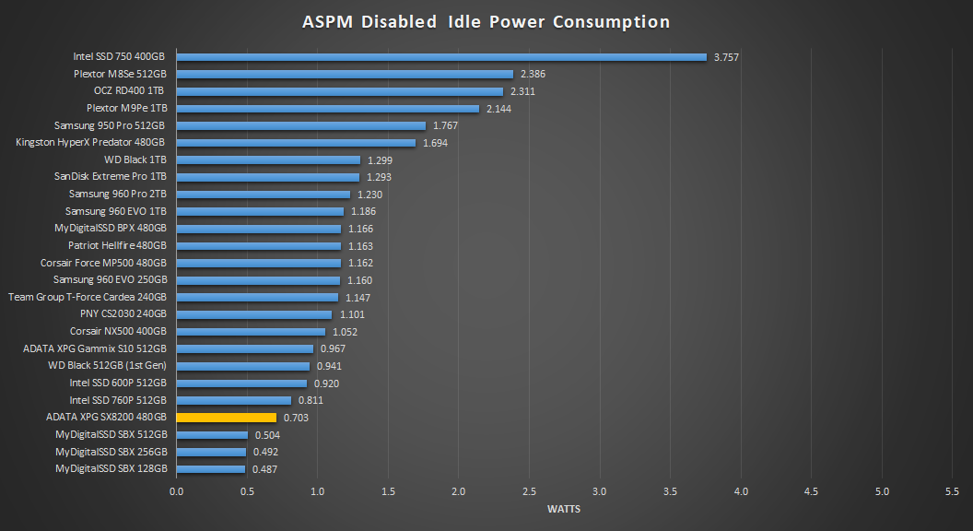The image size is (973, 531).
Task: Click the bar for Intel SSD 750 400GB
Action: [440, 56]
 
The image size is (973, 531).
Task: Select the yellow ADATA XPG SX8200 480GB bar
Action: [226, 418]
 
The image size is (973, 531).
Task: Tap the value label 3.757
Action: [726, 57]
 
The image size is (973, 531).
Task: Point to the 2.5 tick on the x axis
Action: [529, 491]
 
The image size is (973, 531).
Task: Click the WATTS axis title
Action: [564, 509]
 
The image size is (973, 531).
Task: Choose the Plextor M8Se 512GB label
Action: [120, 74]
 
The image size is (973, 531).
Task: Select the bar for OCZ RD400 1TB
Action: [339, 91]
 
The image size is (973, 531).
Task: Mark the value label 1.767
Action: [445, 125]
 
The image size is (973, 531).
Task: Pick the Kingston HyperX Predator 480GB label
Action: [90, 143]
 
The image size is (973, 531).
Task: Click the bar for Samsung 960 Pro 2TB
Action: [263, 194]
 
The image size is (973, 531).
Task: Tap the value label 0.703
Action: [296, 418]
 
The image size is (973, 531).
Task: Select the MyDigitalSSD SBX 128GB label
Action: [111, 468]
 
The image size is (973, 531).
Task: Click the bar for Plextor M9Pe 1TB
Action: [327, 108]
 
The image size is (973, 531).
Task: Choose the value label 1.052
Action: [345, 332]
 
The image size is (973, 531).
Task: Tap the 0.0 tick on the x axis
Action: [176, 491]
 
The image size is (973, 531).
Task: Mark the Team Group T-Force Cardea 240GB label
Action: [88, 297]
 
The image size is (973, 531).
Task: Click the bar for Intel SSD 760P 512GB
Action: [233, 400]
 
